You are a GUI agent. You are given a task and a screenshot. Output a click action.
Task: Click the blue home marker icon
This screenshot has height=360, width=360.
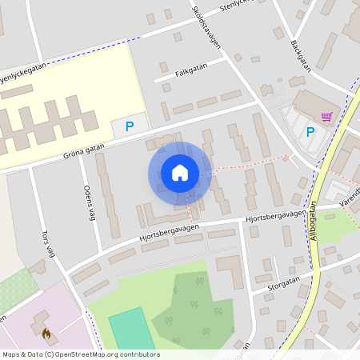click(x=180, y=172)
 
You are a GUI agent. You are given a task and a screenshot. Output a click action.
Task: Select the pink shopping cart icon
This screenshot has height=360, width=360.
click(x=326, y=117)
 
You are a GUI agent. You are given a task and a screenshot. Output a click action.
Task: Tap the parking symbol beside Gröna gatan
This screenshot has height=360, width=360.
click(x=129, y=126)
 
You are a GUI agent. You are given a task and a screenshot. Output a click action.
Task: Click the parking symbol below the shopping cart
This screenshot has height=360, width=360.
click(x=310, y=132)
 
